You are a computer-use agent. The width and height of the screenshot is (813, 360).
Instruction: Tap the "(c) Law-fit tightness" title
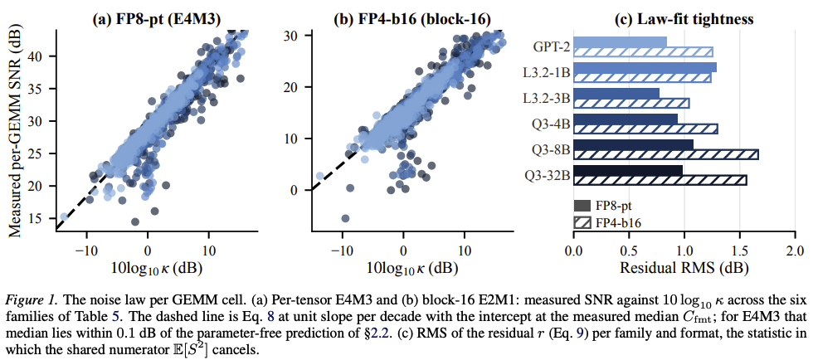[x=684, y=20]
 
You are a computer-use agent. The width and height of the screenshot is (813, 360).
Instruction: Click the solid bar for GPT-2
[x=621, y=41]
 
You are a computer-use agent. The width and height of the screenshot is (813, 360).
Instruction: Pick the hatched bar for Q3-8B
[x=666, y=154]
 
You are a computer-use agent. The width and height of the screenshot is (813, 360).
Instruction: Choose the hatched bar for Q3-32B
[x=660, y=180]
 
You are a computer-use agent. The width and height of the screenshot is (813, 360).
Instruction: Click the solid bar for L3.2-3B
[x=616, y=93]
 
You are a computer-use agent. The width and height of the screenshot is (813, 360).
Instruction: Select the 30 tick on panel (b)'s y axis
[x=297, y=36]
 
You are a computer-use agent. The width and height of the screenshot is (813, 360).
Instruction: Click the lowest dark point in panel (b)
[x=345, y=218]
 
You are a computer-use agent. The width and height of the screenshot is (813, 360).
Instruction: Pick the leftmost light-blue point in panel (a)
[x=64, y=216]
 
